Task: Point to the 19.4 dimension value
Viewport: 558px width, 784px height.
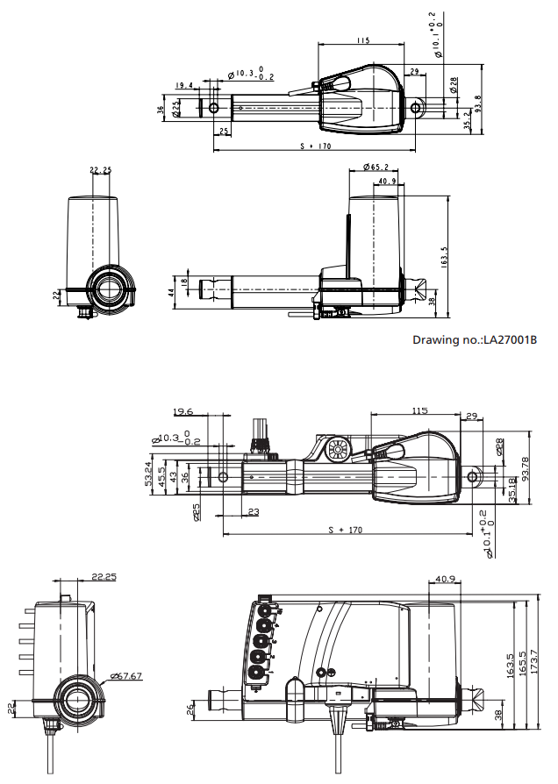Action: (184, 86)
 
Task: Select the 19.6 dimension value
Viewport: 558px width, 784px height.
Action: (183, 411)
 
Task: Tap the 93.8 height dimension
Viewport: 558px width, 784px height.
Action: (478, 103)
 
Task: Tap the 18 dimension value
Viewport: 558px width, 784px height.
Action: (183, 283)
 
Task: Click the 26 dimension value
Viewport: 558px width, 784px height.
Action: (192, 709)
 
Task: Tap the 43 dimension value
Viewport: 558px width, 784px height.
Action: (173, 476)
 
